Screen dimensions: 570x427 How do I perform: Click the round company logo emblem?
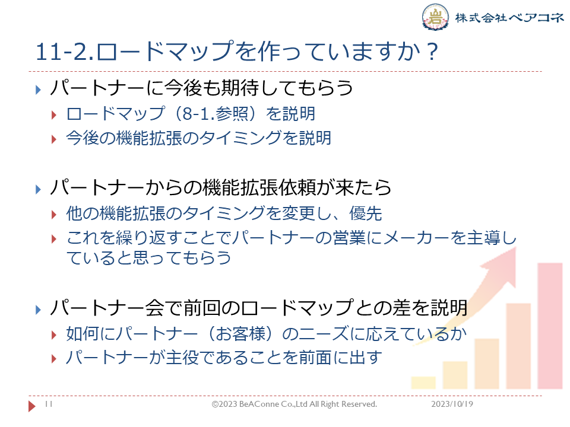pyautogui.click(x=435, y=17)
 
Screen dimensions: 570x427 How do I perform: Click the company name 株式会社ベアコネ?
pyautogui.click(x=509, y=17)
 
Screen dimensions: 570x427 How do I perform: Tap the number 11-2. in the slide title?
pyautogui.click(x=65, y=52)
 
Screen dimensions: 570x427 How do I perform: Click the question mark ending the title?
pyautogui.click(x=432, y=52)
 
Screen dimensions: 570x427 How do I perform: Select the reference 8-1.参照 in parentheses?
pyautogui.click(x=217, y=114)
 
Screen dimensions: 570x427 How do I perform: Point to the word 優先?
pyautogui.click(x=365, y=213)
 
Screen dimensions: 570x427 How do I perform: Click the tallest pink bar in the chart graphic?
pyautogui.click(x=550, y=326)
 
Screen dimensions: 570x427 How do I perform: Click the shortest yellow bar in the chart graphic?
pyautogui.click(x=423, y=383)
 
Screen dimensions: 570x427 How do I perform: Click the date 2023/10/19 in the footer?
pyautogui.click(x=452, y=404)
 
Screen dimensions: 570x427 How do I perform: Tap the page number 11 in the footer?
pyautogui.click(x=49, y=404)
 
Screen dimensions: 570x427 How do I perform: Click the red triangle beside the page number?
pyautogui.click(x=32, y=406)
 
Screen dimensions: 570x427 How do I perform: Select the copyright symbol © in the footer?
pyautogui.click(x=215, y=404)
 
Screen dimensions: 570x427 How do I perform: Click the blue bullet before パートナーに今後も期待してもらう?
pyautogui.click(x=38, y=90)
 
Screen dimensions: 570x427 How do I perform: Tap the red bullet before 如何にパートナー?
pyautogui.click(x=54, y=334)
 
